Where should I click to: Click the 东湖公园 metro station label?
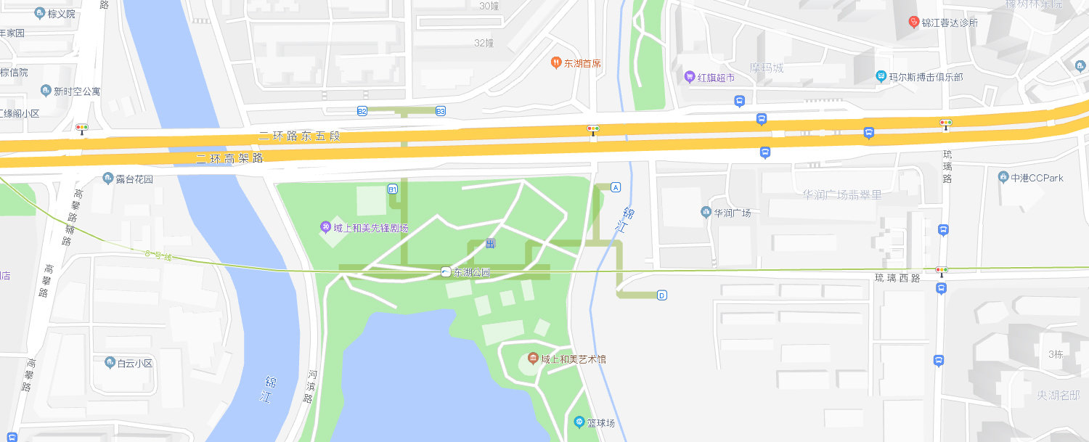pyautogui.click(x=472, y=273)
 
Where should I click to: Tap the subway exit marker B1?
pyautogui.click(x=393, y=189)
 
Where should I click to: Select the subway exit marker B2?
pyautogui.click(x=362, y=111)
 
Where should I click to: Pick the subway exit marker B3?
pyautogui.click(x=441, y=111)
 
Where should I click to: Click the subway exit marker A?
pyautogui.click(x=616, y=187)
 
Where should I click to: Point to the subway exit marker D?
pyautogui.click(x=661, y=295)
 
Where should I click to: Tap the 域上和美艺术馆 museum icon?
pyautogui.click(x=533, y=359)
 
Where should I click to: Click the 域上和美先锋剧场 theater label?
pyautogui.click(x=371, y=228)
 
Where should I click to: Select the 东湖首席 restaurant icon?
pyautogui.click(x=555, y=63)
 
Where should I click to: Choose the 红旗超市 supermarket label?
pyautogui.click(x=716, y=77)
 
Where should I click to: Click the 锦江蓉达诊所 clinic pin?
pyautogui.click(x=914, y=22)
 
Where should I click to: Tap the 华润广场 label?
pyautogui.click(x=732, y=213)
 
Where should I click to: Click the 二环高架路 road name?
pyautogui.click(x=229, y=158)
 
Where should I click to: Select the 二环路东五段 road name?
pyautogui.click(x=299, y=136)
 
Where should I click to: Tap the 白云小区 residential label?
pyautogui.click(x=135, y=363)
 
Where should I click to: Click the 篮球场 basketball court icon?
pyautogui.click(x=579, y=422)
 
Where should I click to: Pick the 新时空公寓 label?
pyautogui.click(x=77, y=91)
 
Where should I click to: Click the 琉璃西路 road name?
pyautogui.click(x=897, y=278)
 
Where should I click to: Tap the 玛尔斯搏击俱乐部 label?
pyautogui.click(x=926, y=76)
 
